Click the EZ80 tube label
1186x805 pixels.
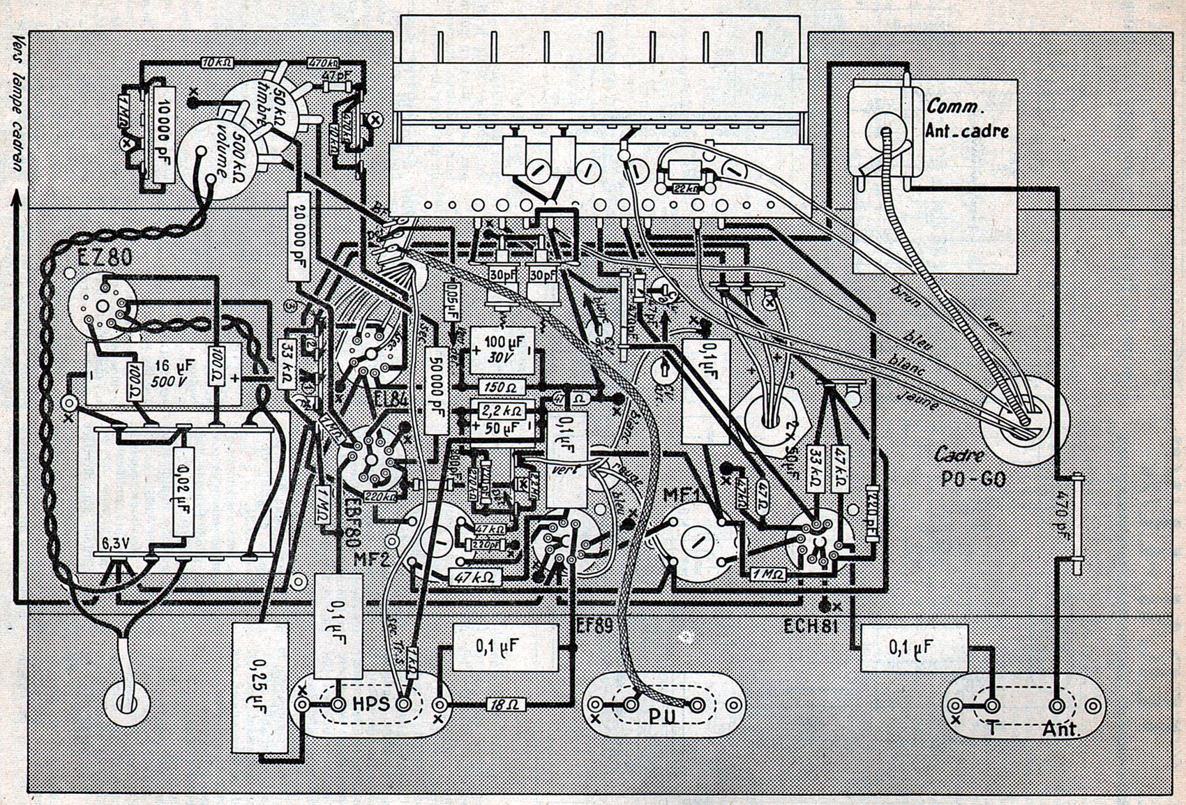point(98,258)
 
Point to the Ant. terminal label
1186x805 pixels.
point(1061,730)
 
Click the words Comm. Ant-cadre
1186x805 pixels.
point(967,119)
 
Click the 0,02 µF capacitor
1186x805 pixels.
point(180,492)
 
